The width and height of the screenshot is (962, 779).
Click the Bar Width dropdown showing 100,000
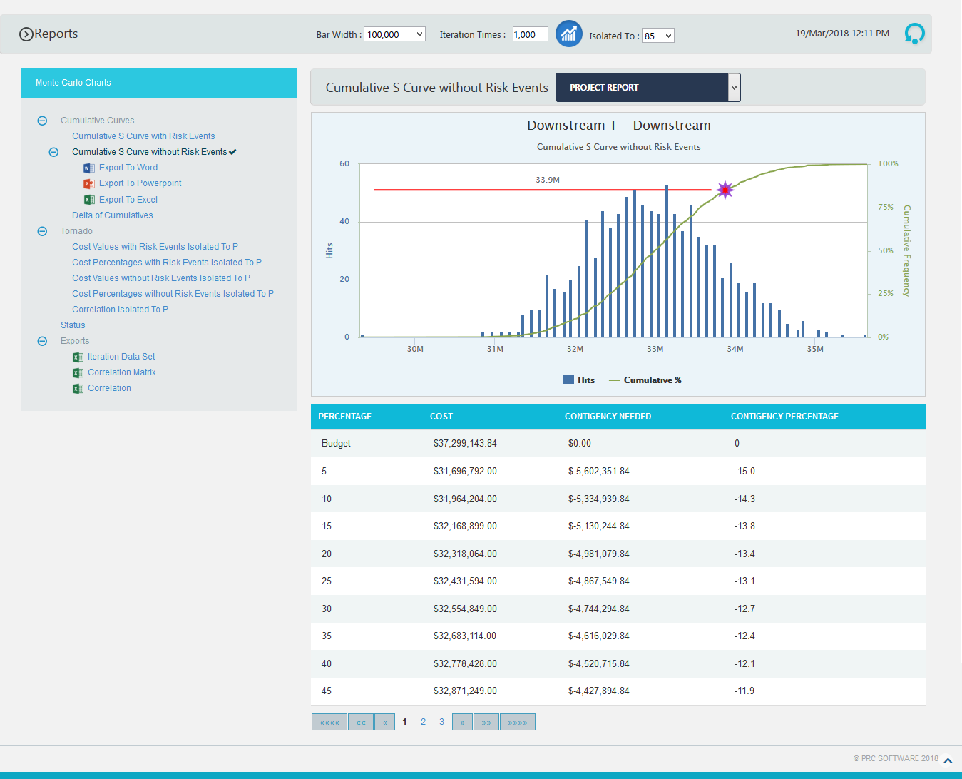coord(394,34)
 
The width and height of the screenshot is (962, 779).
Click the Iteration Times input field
coord(530,34)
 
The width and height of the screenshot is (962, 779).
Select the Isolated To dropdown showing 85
coord(657,36)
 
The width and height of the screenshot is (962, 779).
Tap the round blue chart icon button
coord(568,34)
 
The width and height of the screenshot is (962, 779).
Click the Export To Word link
coord(128,168)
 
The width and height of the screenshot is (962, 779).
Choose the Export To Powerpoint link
coord(140,183)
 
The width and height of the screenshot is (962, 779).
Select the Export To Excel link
coord(128,200)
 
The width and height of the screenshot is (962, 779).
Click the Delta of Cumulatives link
coord(113,215)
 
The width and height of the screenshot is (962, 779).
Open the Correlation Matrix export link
coord(121,372)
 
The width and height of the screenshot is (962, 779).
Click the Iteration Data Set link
coord(121,357)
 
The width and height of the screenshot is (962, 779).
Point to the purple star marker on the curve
coord(725,190)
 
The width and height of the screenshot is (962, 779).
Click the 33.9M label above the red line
coord(548,180)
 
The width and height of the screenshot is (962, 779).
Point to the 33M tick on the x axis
coord(655,349)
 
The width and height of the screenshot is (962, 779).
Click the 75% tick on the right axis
coord(885,207)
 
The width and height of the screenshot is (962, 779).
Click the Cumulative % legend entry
coord(652,380)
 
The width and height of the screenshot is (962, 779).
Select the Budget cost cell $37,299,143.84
coord(465,444)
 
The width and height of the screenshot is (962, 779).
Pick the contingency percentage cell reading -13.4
coord(744,554)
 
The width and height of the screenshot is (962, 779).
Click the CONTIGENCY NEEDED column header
coord(608,417)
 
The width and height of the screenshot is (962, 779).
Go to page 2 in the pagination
coord(423,722)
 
